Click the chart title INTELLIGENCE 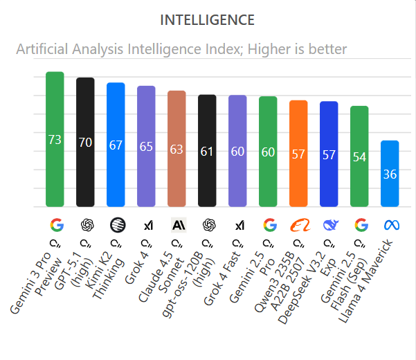[x=207, y=20]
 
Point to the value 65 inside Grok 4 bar [x=146, y=146]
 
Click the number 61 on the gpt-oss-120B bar [x=207, y=151]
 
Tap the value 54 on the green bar [x=359, y=157]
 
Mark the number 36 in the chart [x=390, y=174]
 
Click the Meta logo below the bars [x=390, y=225]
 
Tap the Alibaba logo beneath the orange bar [x=298, y=225]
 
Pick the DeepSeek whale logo [x=329, y=225]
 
